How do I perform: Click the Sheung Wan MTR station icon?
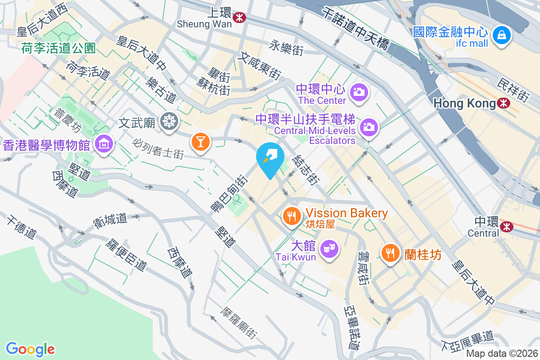(x=239, y=17)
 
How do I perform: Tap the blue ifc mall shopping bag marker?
(x=501, y=35)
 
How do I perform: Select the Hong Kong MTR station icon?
(x=504, y=103)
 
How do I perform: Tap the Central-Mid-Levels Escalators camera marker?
(x=369, y=127)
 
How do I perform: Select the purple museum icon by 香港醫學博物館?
(x=104, y=144)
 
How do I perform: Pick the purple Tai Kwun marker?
(x=329, y=248)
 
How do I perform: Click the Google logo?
(x=30, y=349)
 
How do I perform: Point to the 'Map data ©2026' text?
(x=502, y=354)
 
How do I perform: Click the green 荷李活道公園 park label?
(x=58, y=48)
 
